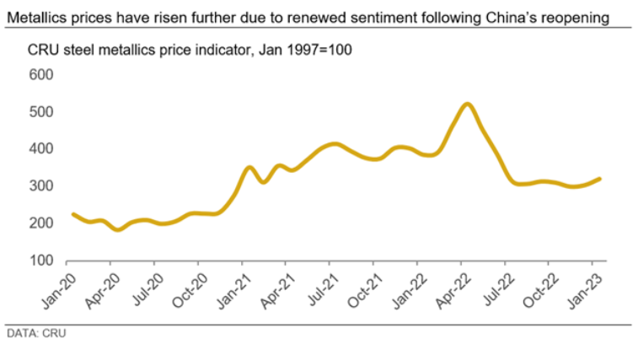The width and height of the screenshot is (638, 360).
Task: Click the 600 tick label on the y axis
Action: (42, 75)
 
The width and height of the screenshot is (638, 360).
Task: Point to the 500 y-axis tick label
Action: (42, 112)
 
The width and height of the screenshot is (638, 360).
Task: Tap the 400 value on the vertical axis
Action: (42, 149)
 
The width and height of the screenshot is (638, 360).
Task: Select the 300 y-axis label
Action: (42, 186)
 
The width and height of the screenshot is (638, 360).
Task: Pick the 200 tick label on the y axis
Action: (42, 223)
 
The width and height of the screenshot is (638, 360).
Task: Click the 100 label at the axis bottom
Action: (42, 261)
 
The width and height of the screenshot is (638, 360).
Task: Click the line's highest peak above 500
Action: (467, 105)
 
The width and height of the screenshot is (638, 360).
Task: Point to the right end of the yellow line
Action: (599, 179)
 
